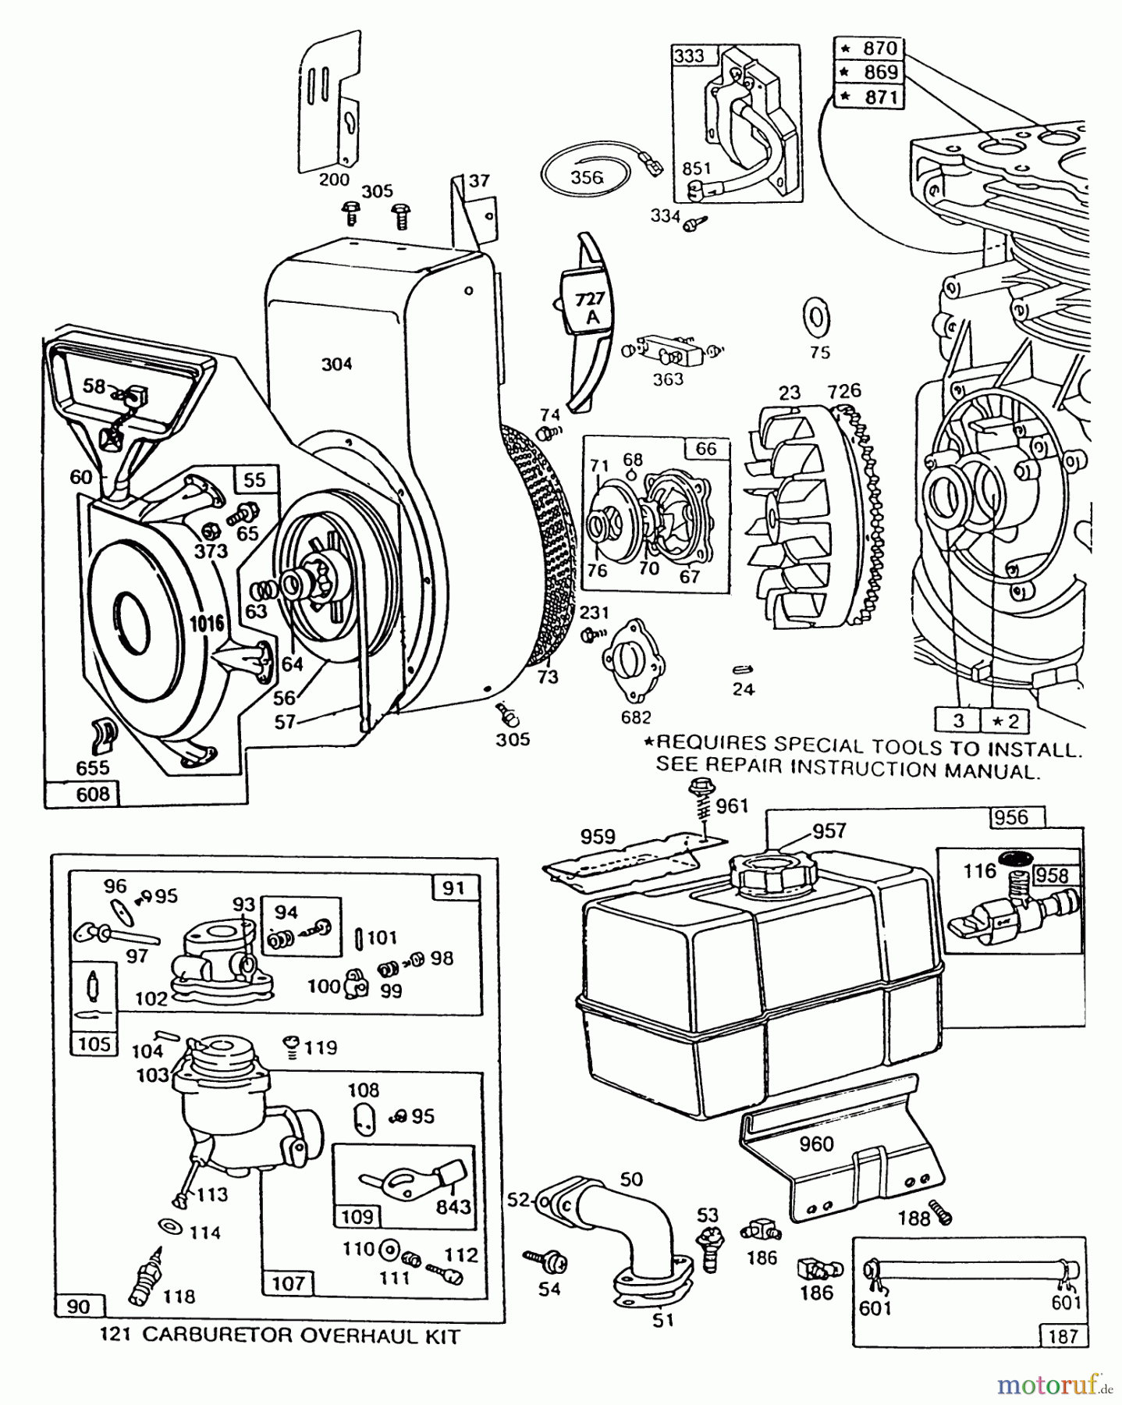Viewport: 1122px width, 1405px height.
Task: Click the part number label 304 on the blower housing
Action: [336, 364]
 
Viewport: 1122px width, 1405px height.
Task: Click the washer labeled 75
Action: [817, 319]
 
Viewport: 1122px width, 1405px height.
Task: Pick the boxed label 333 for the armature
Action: [688, 56]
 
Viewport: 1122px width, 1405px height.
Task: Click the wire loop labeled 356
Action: [586, 177]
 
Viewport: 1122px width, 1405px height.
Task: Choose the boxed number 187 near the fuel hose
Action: [1063, 1336]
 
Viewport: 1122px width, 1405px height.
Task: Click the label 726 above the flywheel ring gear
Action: [845, 390]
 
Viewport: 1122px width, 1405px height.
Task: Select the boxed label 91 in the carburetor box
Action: [453, 887]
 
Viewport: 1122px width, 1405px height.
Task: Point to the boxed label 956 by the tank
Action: [1011, 816]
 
